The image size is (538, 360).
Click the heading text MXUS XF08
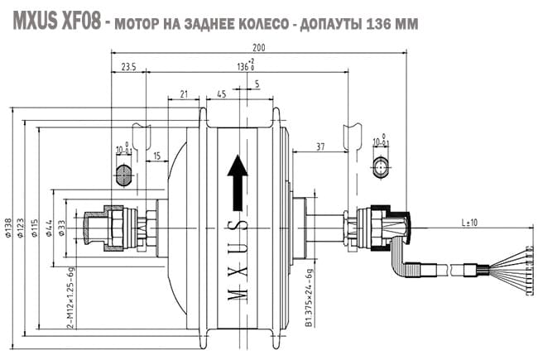(55, 21)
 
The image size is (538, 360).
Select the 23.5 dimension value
(127, 65)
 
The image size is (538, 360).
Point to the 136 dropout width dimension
(244, 65)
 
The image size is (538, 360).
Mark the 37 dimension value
(321, 147)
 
